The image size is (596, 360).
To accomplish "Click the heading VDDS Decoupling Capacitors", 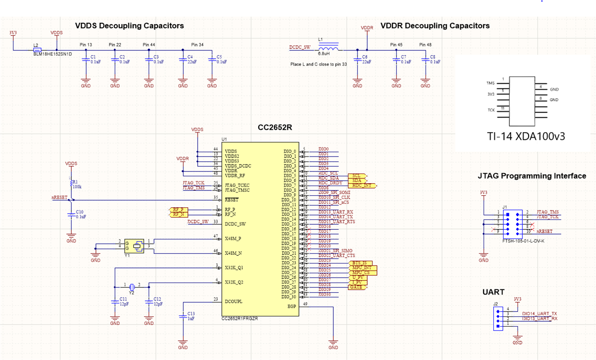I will pos(129,26).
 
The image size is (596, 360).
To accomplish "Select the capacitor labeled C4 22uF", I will pos(183,59).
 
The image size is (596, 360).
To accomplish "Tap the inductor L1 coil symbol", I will pos(328,48).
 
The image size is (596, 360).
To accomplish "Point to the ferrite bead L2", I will pos(37,49).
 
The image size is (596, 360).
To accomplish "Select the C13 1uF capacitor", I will pos(183,316).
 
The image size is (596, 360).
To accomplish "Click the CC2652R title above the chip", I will pos(275,128).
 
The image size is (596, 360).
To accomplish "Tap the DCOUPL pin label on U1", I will pos(234,301).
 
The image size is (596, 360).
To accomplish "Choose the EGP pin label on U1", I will pos(291,306).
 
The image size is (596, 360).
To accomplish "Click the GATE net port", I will pos(357,287).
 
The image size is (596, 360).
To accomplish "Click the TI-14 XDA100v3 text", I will pos(526,137).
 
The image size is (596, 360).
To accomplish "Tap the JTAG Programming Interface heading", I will pos(532,176).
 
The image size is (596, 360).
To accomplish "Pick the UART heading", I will pos(493,292).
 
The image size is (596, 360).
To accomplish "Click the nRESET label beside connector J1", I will pos(544,232).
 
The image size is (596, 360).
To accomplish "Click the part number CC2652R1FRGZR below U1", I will pos(239,318).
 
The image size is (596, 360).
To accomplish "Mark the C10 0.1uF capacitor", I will pos(71,215).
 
